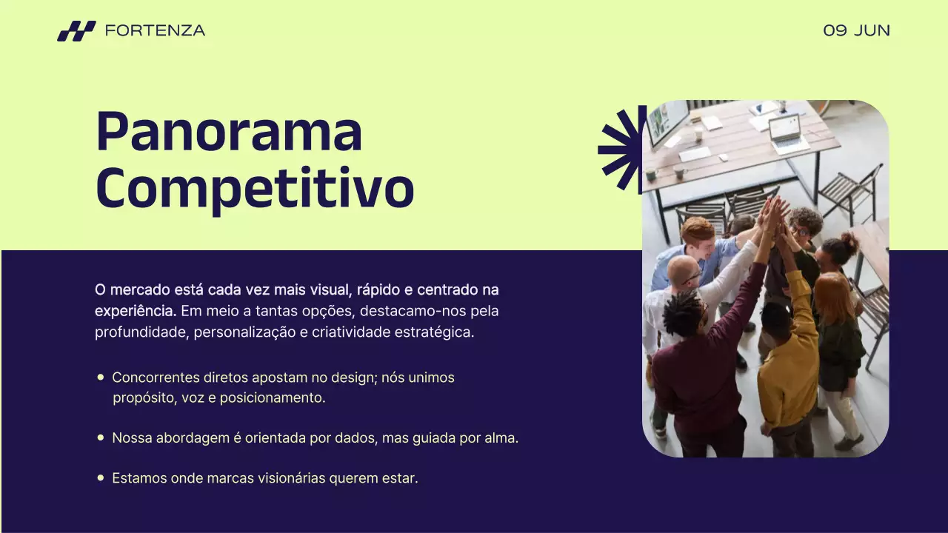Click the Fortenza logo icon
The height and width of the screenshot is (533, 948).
click(76, 31)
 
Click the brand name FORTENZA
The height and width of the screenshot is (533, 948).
click(155, 30)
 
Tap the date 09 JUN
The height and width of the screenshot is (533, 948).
click(856, 30)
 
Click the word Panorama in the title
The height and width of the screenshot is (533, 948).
click(229, 131)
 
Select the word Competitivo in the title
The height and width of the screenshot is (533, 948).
click(254, 188)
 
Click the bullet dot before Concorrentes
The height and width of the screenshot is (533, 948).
click(101, 378)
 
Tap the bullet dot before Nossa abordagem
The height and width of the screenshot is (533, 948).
click(101, 438)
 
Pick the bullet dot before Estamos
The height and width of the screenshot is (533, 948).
click(101, 478)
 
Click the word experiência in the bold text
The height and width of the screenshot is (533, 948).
click(136, 310)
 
